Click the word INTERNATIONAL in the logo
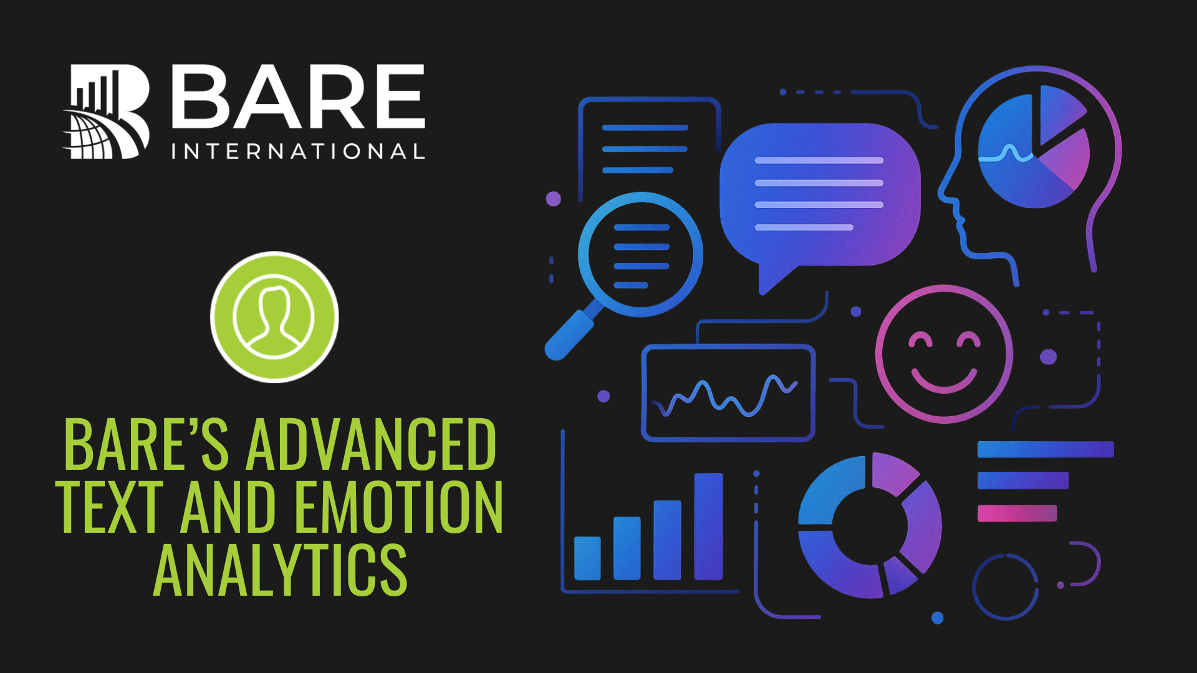tap(299, 151)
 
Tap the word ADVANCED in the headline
tap(371, 444)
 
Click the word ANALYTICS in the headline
tap(280, 570)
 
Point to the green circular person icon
tap(274, 317)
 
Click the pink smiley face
tap(944, 353)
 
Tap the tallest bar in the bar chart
tap(708, 527)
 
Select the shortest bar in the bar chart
tap(587, 558)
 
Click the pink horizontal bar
tap(1017, 513)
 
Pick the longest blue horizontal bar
tap(1046, 449)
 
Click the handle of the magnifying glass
tap(569, 335)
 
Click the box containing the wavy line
tap(728, 393)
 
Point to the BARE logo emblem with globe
tap(107, 112)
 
